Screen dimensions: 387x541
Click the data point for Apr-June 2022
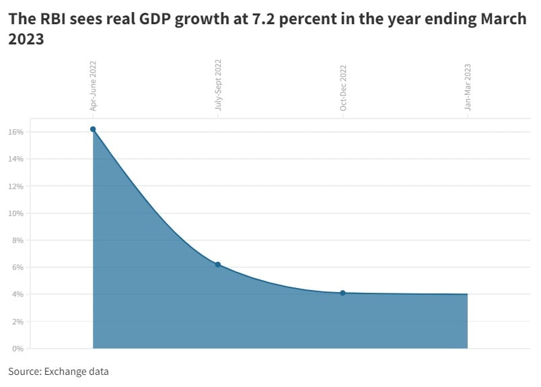(x=93, y=129)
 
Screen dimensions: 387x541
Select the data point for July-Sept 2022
(x=218, y=265)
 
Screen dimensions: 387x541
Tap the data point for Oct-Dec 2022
(x=342, y=293)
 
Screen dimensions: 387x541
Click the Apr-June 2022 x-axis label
(x=94, y=85)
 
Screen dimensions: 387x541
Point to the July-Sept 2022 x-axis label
(x=218, y=85)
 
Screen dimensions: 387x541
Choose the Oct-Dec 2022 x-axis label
(x=343, y=87)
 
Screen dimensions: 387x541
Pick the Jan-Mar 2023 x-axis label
(x=468, y=87)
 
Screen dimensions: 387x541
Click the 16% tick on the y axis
(x=16, y=132)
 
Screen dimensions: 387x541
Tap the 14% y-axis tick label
(x=16, y=159)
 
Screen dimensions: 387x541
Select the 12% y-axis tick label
(x=16, y=186)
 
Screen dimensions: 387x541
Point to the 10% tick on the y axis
(x=16, y=213)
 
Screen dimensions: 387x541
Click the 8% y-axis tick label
(x=18, y=240)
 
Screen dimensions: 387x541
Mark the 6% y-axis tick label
(x=18, y=267)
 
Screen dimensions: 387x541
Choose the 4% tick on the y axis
(x=18, y=294)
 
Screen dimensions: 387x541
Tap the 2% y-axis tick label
(x=18, y=322)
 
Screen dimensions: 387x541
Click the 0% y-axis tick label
(x=18, y=349)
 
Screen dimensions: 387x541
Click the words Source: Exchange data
(x=59, y=372)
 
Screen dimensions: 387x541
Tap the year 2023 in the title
(x=26, y=40)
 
